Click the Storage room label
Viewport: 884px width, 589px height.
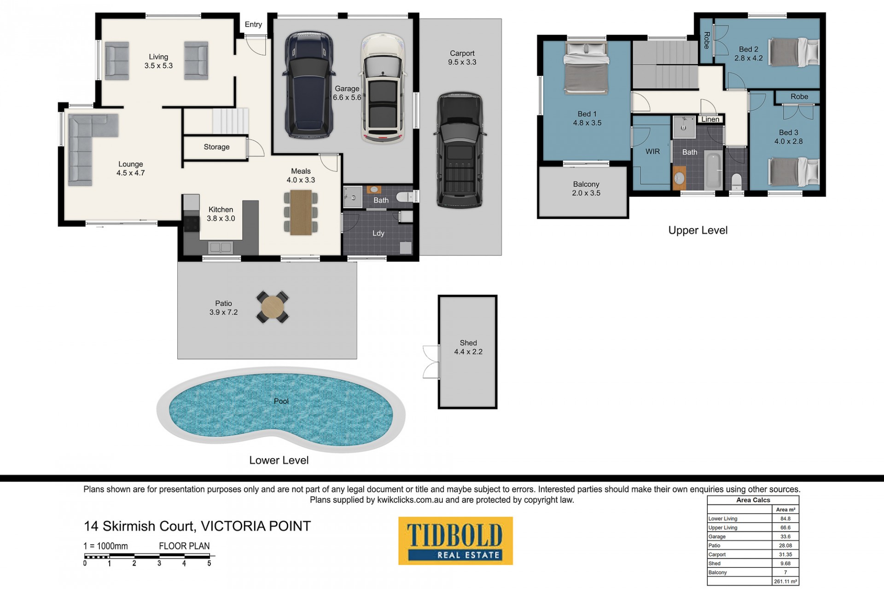216,147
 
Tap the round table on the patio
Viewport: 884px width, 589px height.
273,307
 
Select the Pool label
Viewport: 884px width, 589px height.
281,401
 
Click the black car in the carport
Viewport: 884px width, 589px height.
459,150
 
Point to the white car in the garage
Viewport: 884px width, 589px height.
383,88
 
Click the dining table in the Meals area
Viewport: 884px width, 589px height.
301,213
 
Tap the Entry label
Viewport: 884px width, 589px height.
253,24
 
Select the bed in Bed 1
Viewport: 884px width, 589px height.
586,68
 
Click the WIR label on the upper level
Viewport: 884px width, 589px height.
652,151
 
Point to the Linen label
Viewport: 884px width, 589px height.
710,119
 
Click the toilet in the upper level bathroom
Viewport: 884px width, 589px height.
737,181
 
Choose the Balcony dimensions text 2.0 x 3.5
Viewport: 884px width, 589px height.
586,193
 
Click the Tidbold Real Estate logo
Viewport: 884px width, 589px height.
455,541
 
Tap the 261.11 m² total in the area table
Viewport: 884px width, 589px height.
785,582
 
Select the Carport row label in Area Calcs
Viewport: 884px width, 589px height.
717,554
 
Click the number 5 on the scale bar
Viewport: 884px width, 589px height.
209,563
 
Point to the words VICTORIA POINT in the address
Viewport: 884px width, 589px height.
256,526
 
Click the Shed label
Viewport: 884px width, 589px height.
468,343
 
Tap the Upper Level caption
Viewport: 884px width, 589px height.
698,231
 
